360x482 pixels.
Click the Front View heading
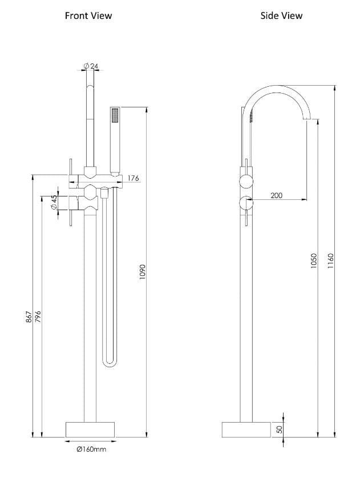coord(88,16)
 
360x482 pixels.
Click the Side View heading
coord(281,16)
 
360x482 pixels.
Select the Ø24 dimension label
coord(91,66)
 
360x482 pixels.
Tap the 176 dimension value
coord(133,179)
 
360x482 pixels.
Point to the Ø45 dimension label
coord(54,203)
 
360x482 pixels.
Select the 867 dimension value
coord(29,318)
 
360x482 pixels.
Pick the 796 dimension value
coord(38,318)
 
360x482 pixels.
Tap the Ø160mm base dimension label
coord(91,449)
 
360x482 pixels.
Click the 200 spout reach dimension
coord(276,195)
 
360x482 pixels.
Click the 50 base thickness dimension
coord(280,428)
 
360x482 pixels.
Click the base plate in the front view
coord(91,429)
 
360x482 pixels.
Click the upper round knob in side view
coord(246,181)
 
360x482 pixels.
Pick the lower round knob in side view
coord(246,202)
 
